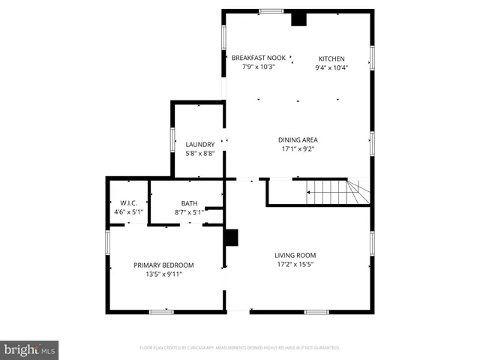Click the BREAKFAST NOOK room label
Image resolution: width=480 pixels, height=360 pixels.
(258, 58)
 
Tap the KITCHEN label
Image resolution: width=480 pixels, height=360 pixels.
(331, 58)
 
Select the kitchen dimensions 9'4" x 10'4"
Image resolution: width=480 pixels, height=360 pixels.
(331, 67)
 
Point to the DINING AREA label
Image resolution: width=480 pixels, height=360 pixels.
(298, 139)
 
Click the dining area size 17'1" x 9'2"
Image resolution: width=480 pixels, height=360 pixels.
(298, 148)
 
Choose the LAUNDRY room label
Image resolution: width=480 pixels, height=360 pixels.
(200, 144)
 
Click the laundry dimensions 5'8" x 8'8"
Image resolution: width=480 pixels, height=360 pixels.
(200, 153)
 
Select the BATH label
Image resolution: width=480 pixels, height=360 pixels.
(189, 203)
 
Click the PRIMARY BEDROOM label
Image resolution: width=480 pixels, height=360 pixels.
(163, 265)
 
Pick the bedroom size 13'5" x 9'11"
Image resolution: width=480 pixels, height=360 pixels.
(163, 274)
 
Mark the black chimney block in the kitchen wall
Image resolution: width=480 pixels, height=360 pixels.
(299, 19)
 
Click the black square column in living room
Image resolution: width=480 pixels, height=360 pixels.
(232, 238)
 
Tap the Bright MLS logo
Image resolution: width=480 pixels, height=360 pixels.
(29, 349)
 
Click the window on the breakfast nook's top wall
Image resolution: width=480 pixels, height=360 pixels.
(271, 11)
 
